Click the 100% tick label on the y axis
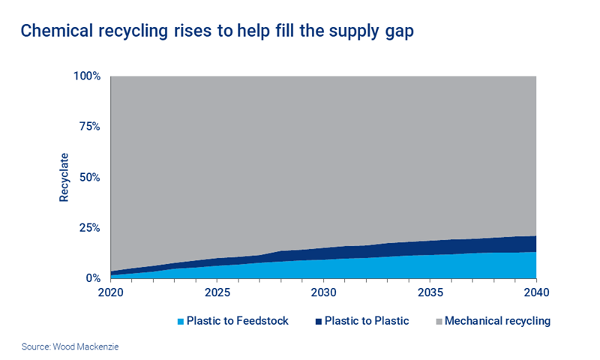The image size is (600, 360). (87, 76)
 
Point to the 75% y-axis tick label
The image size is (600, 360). (90, 126)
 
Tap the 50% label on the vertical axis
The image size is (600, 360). (90, 177)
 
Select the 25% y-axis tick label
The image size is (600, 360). (90, 227)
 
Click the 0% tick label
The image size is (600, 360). (93, 278)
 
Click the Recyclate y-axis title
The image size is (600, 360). (64, 177)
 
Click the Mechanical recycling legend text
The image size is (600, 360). (498, 321)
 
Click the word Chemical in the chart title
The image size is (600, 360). (53, 31)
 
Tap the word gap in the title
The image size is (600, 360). (397, 32)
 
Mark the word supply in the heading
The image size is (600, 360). (349, 32)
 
